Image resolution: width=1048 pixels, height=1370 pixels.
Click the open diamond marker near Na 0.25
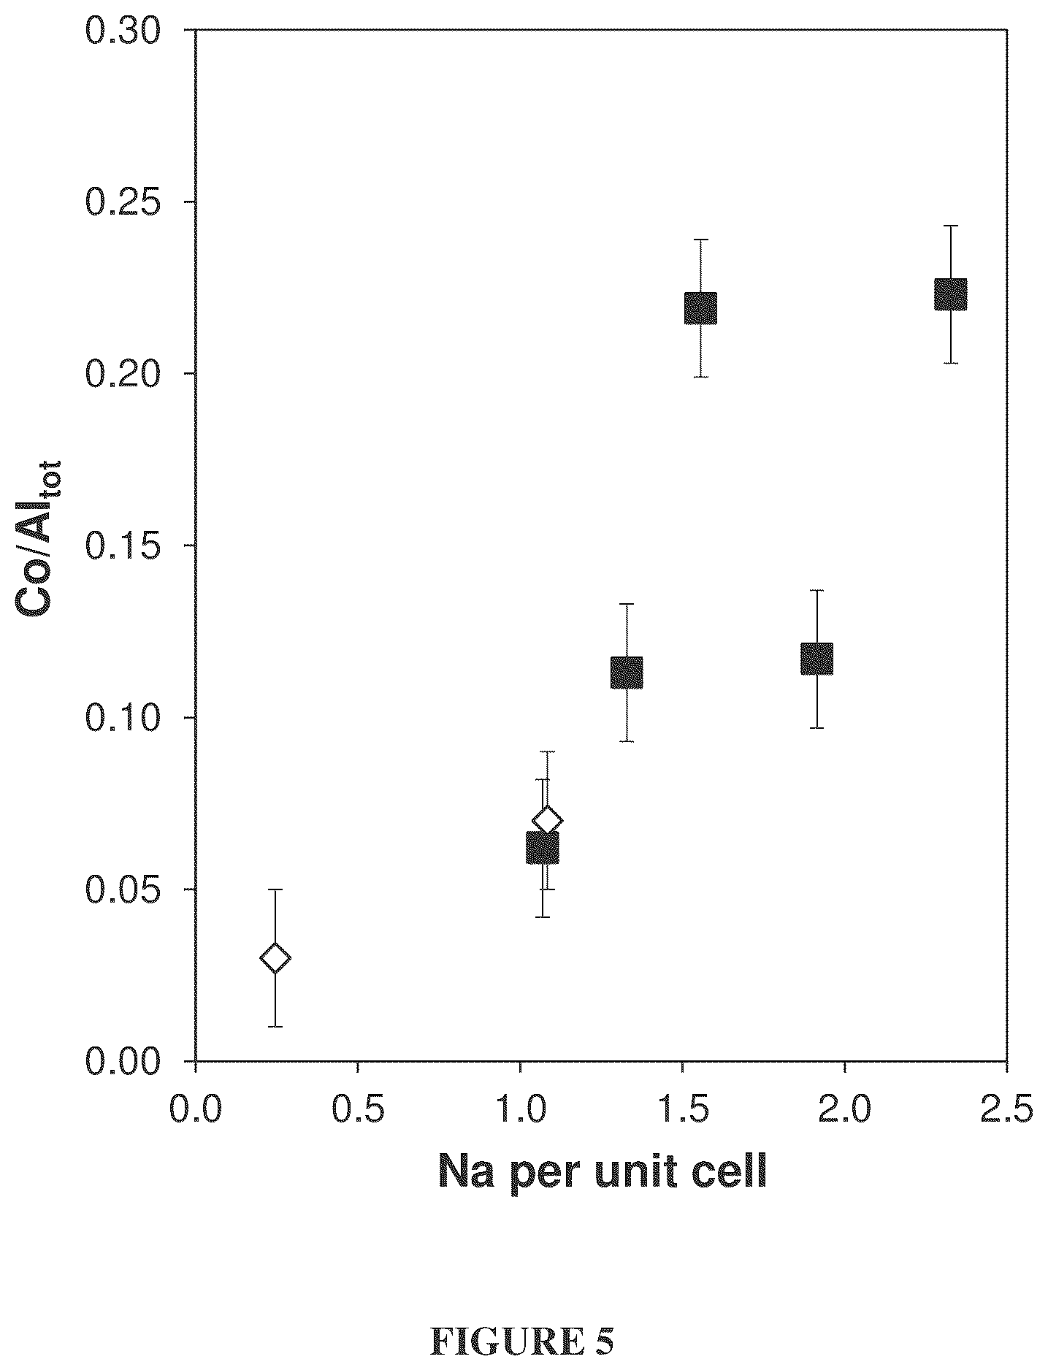[275, 957]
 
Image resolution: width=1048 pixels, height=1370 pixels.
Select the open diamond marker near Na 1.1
[547, 820]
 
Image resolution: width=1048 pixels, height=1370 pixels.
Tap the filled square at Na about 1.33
[627, 673]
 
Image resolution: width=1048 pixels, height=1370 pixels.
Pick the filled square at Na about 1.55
[700, 308]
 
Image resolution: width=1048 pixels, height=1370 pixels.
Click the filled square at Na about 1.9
[817, 659]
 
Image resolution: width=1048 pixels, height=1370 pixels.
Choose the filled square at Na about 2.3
[951, 294]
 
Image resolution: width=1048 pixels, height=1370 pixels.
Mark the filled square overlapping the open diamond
[543, 848]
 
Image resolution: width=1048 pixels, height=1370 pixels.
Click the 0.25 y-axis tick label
[133, 202]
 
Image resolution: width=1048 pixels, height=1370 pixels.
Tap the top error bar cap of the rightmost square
[951, 226]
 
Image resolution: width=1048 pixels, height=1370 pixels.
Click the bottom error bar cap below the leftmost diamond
[275, 1027]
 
